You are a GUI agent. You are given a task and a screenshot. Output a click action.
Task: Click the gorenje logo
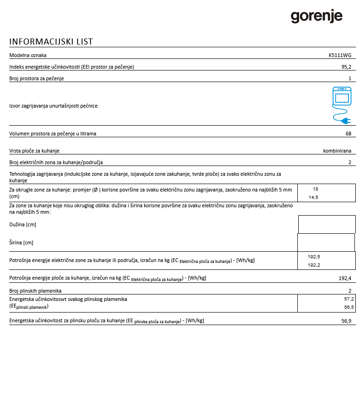[316, 17]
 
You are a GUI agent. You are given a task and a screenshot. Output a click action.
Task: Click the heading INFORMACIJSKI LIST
[51, 42]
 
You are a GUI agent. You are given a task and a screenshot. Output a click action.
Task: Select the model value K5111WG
[340, 55]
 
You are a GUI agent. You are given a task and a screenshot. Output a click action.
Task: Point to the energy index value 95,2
[346, 67]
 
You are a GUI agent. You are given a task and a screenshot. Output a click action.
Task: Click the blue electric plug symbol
[344, 121]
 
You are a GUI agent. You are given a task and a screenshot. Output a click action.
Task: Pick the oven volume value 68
[348, 134]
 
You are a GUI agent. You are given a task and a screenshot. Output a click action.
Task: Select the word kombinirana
[337, 151]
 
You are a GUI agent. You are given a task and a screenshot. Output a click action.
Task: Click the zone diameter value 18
[315, 189]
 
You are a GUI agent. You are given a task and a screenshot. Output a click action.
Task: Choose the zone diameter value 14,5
[314, 197]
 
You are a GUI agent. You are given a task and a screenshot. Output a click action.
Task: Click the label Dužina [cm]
[23, 224]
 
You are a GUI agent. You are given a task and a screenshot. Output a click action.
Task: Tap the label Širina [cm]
[21, 243]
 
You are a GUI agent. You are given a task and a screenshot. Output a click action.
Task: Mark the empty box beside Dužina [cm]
[327, 224]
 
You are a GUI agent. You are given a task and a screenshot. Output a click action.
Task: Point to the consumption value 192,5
[314, 256]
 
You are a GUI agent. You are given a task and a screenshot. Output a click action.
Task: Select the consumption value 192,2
[314, 265]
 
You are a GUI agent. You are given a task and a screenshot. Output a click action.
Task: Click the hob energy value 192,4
[345, 278]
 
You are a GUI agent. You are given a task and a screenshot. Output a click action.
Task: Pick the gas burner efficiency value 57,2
[349, 299]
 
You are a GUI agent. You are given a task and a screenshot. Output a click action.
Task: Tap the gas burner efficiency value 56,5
[349, 307]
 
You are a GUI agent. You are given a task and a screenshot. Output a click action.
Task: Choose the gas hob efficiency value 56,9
[346, 320]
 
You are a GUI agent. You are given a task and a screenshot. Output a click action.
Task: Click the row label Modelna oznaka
[28, 55]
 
